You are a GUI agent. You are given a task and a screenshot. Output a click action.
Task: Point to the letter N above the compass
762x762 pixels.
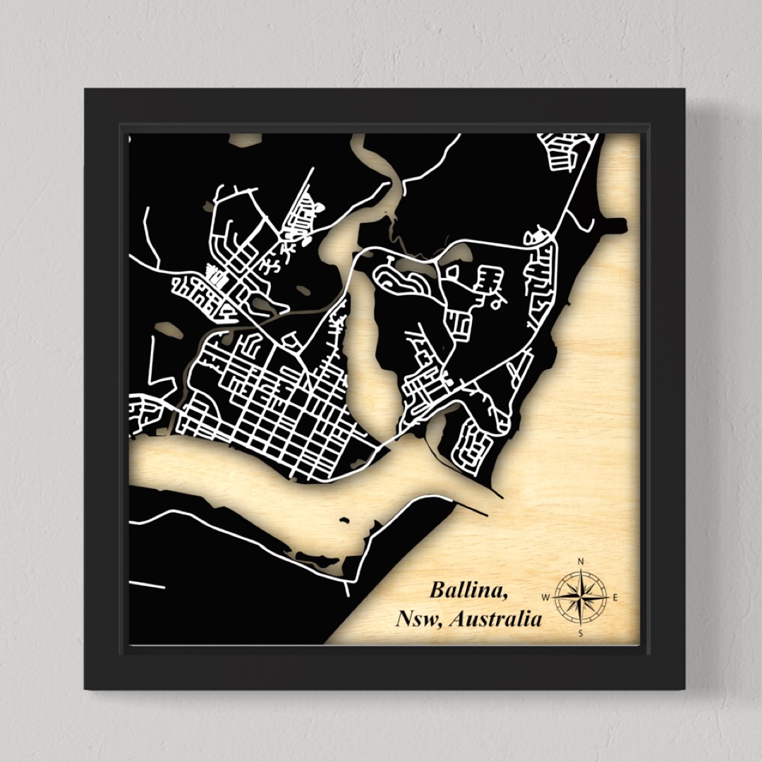coord(581,562)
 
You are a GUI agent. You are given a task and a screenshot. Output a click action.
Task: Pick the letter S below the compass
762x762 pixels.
coord(581,634)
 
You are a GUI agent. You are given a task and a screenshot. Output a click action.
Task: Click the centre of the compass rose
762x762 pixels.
coord(581,598)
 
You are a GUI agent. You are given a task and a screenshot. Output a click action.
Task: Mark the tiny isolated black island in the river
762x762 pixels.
coord(344,521)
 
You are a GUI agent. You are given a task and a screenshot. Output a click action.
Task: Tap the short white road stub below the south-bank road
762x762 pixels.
coord(146,585)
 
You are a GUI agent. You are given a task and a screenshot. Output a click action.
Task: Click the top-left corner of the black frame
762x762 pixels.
coord(86,90)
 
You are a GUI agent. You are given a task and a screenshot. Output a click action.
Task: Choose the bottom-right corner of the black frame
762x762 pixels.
coord(683,687)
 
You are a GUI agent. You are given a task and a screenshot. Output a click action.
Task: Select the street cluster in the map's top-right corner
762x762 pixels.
coord(564,152)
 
